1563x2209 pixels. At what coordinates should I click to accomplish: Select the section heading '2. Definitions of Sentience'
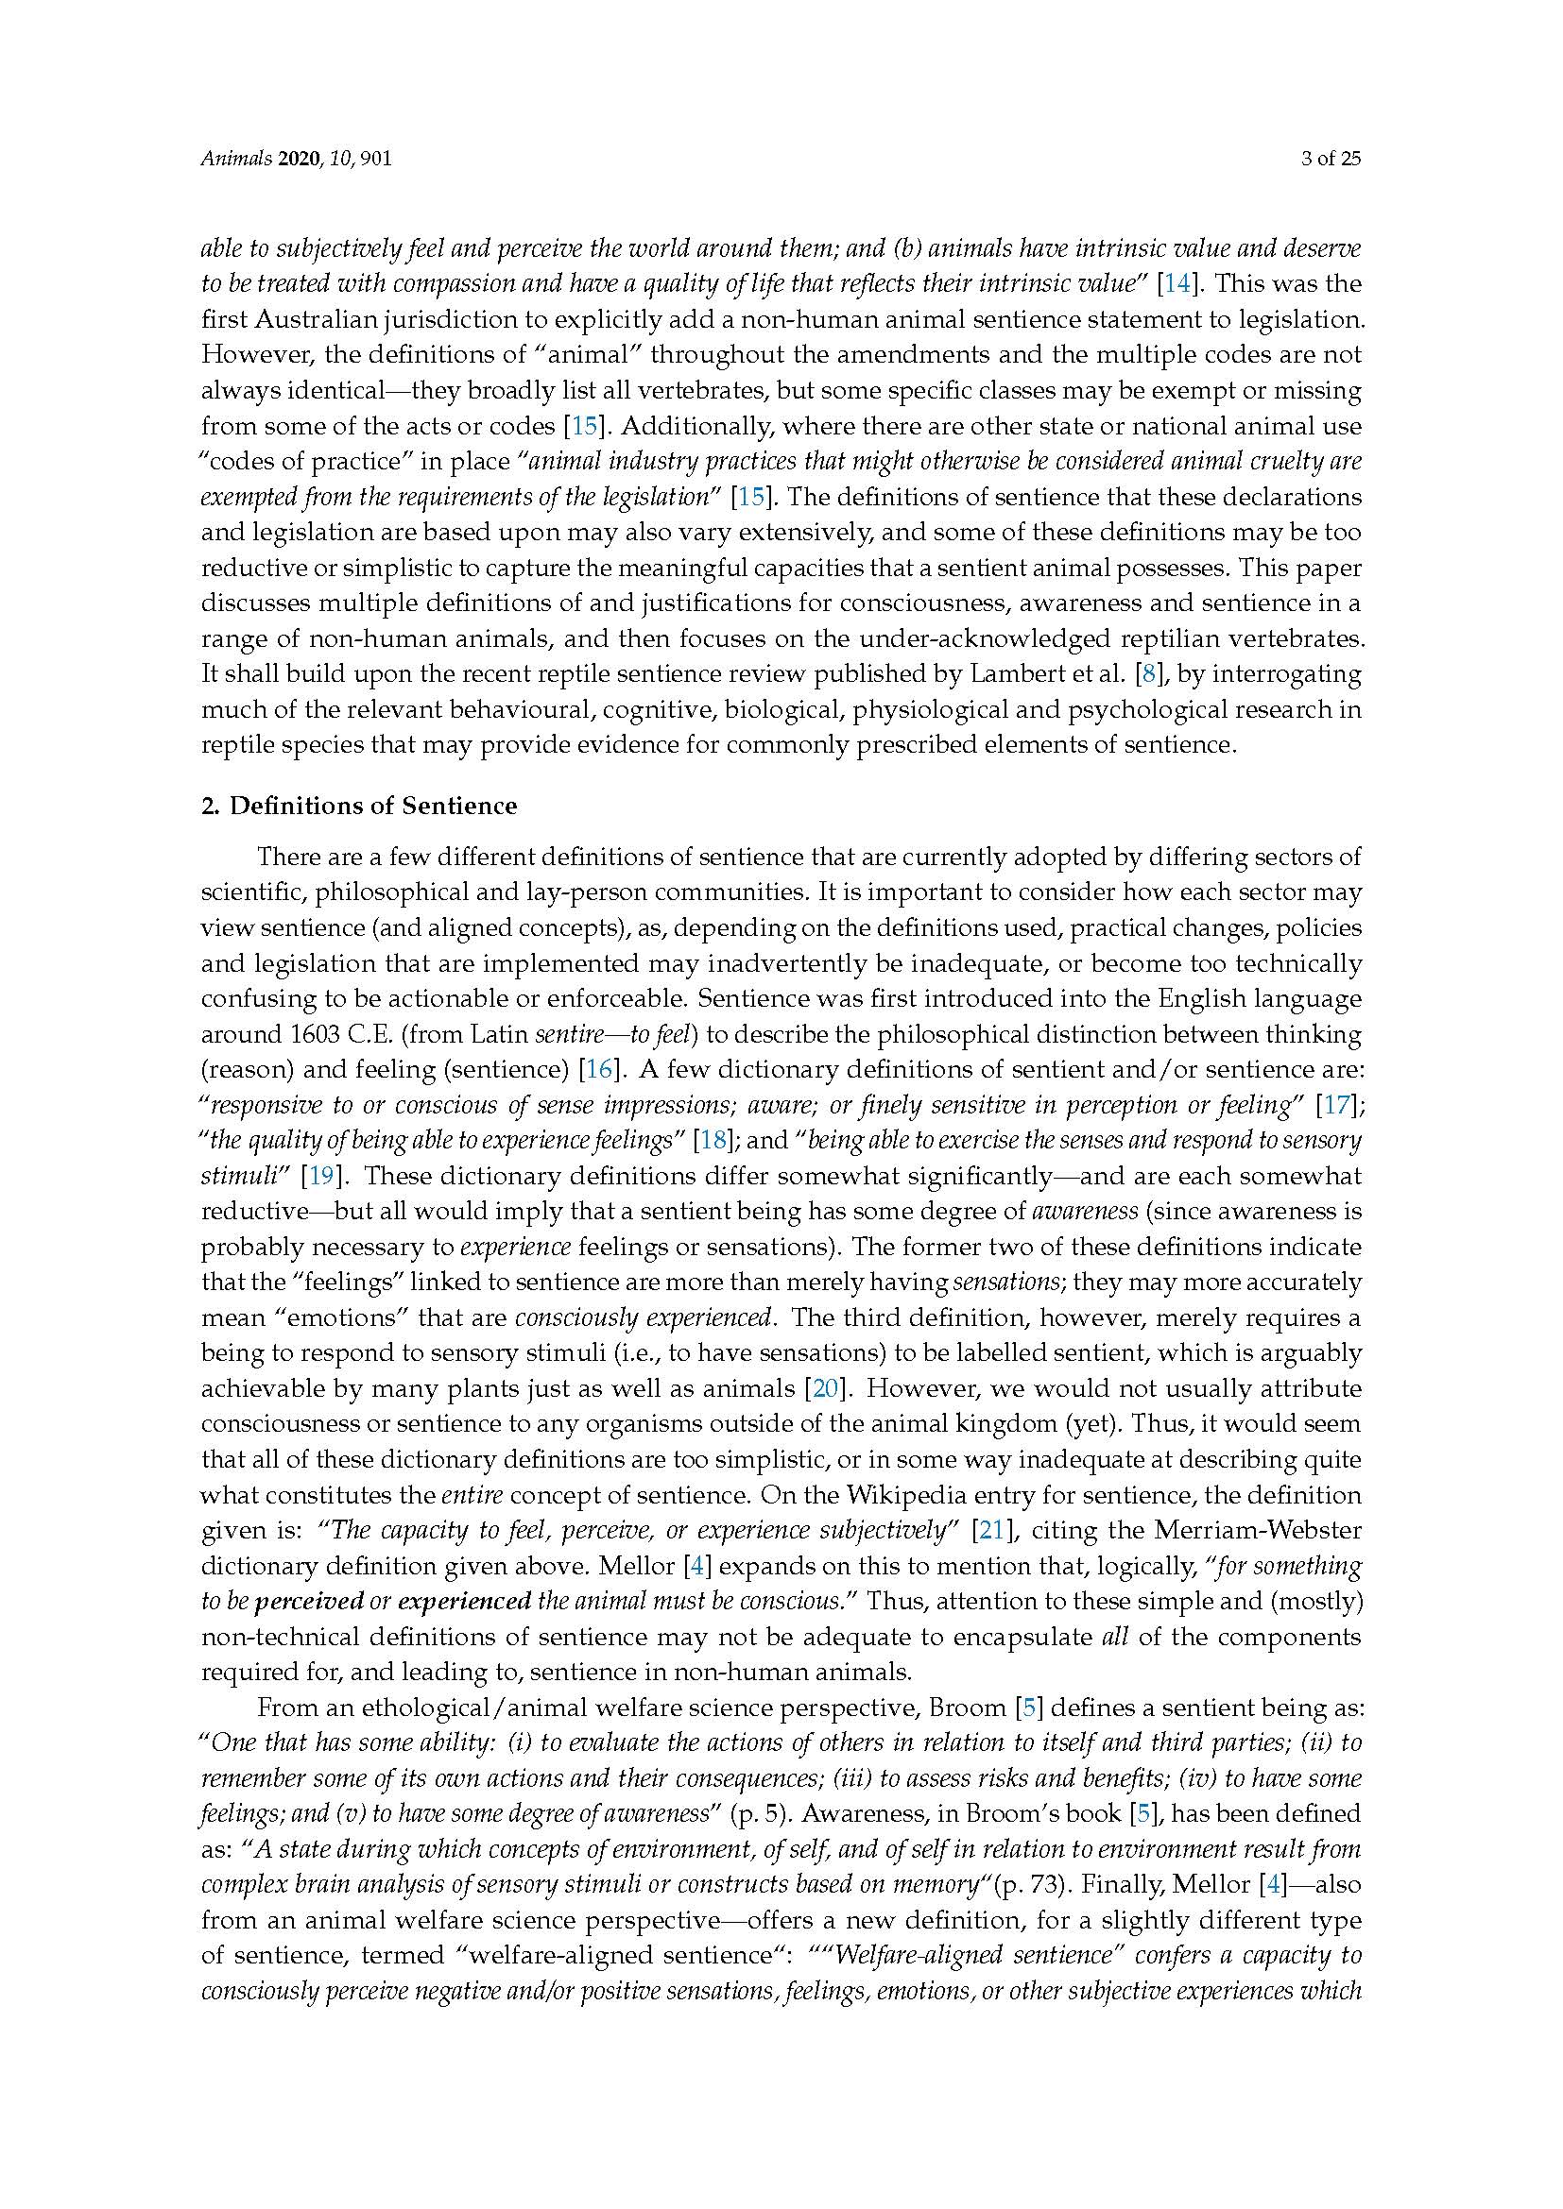[x=358, y=806]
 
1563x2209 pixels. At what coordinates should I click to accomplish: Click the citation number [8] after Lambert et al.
[x=1147, y=673]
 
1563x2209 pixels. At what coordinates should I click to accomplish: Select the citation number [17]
[x=1337, y=1105]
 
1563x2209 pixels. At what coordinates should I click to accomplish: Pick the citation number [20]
[x=827, y=1388]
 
